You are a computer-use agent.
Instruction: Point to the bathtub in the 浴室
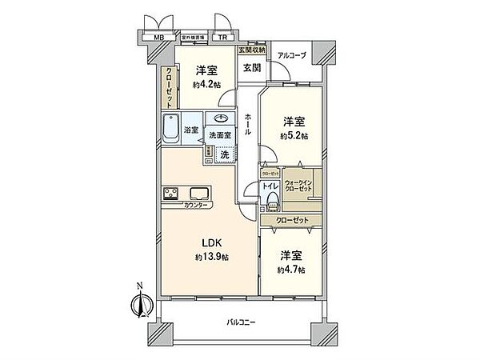171,129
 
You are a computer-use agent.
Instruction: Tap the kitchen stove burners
172,194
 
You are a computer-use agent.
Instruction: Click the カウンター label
197,206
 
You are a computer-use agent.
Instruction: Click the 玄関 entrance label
252,68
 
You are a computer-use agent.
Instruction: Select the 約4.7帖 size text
290,270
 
